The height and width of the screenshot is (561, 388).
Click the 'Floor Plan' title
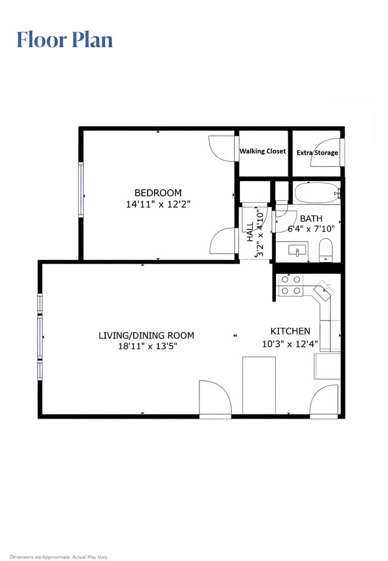64,39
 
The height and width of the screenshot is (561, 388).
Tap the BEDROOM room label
158,193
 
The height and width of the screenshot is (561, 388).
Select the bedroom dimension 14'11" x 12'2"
158,204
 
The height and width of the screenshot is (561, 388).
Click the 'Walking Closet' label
263,151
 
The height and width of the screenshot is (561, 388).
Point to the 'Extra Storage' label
318,153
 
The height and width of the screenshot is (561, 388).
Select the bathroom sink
297,249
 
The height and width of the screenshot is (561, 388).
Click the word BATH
311,218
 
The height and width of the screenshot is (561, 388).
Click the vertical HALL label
251,233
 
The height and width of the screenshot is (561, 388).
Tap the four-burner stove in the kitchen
291,285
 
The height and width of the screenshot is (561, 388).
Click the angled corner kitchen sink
325,291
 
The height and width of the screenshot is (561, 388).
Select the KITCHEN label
290,331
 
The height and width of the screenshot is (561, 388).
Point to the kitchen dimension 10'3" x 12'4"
290,343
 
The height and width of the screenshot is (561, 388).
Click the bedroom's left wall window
81,189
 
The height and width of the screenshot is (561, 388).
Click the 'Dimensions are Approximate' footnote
58,557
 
